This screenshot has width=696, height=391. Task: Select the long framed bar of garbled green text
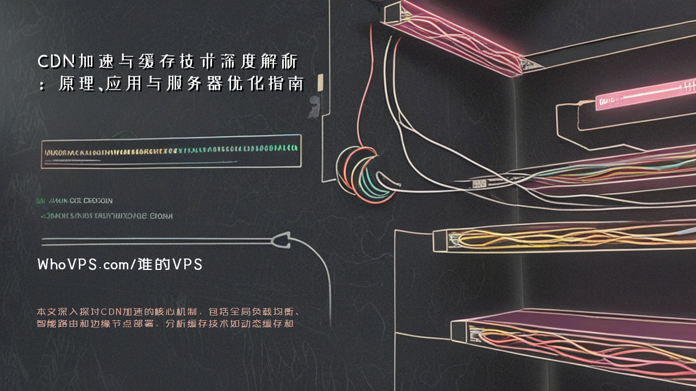(171, 151)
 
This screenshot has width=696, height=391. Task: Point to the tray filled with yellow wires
(560, 238)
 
